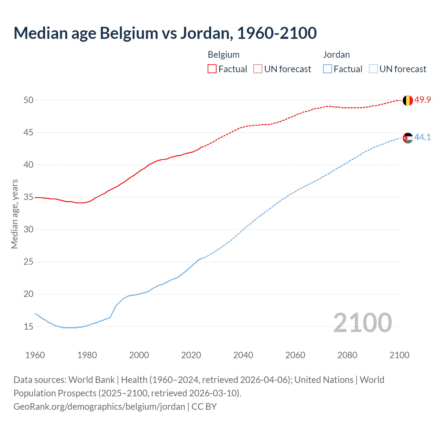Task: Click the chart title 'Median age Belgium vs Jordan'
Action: (165, 33)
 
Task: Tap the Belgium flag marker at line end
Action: (407, 100)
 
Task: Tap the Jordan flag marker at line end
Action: (407, 138)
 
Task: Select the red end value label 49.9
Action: (422, 100)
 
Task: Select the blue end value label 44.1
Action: (422, 137)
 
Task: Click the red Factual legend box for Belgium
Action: (212, 69)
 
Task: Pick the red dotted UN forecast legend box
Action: (258, 69)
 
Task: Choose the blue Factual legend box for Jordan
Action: (328, 69)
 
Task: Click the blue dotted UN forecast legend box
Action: (373, 69)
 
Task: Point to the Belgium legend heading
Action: (223, 55)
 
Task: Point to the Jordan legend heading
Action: (336, 55)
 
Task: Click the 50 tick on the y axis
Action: (29, 100)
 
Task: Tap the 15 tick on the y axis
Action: (29, 327)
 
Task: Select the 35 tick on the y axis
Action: (29, 197)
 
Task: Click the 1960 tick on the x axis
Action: (35, 355)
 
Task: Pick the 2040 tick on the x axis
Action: (243, 355)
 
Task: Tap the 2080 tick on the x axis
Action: (347, 355)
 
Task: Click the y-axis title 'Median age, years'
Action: (14, 214)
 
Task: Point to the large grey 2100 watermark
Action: (362, 322)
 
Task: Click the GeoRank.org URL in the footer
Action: (99, 407)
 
